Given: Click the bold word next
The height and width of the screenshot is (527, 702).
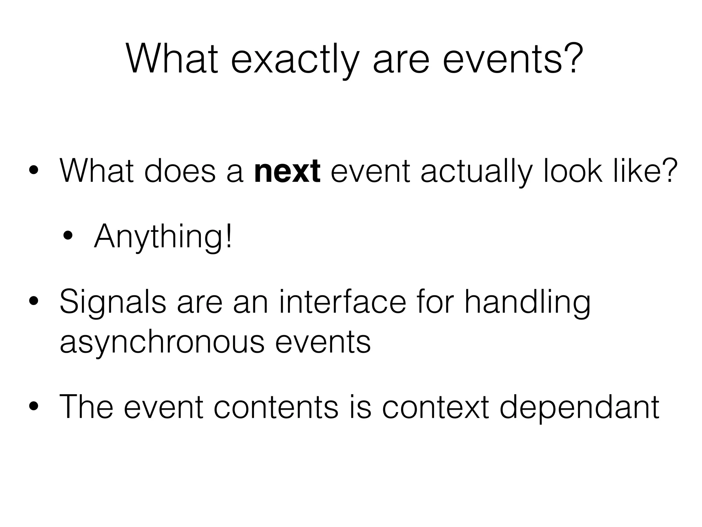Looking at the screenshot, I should point(287,171).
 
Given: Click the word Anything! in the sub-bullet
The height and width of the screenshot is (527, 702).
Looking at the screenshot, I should point(163,237).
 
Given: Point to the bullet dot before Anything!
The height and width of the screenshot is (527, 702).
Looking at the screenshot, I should point(68,236).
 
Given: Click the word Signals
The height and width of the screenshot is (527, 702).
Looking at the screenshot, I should point(113,302).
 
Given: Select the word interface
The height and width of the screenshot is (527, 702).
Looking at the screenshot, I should point(342,302).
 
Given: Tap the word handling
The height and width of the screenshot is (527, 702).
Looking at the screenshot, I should point(528,302).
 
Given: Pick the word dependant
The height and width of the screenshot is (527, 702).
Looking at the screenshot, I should point(579,407).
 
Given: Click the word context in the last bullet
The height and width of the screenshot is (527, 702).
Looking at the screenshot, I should point(435,407).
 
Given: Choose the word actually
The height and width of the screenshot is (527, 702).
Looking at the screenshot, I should point(477,171).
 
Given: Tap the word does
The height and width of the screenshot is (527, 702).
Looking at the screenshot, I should point(180,171).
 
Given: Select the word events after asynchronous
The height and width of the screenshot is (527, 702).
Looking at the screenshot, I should point(323,342).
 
